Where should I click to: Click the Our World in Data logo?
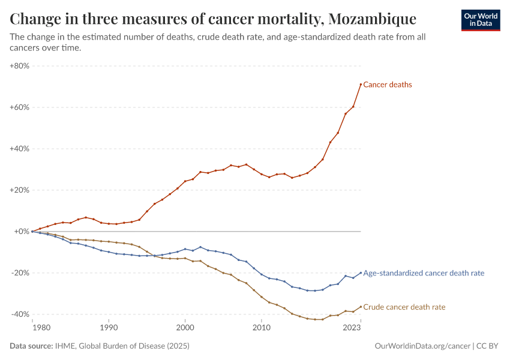[x=480, y=20]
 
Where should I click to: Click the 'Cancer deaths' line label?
[x=388, y=85]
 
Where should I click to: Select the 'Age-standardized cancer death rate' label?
[x=424, y=273]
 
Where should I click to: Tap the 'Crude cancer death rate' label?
[x=404, y=307]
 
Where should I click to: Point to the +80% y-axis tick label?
[x=19, y=66]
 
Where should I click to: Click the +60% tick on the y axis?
[x=19, y=107]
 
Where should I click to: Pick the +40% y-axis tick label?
[x=19, y=149]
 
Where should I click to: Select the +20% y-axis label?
[x=19, y=190]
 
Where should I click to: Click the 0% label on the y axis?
[x=22, y=232]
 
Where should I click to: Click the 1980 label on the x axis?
[x=41, y=328]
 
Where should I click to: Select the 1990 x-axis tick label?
[x=109, y=328]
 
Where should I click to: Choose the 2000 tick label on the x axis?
[x=185, y=328]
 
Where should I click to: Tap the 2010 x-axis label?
[x=261, y=328]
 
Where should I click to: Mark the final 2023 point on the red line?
[x=361, y=84]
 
